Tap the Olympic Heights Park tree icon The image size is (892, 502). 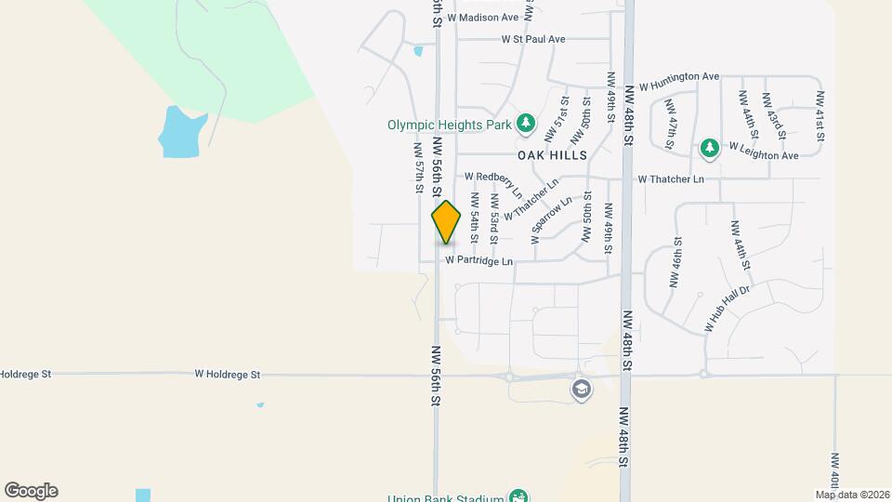pyautogui.click(x=527, y=123)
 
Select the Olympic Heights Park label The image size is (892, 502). pyautogui.click(x=450, y=123)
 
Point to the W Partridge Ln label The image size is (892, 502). pyautogui.click(x=479, y=261)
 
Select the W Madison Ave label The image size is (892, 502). pyautogui.click(x=482, y=18)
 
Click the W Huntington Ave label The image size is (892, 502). pyautogui.click(x=679, y=79)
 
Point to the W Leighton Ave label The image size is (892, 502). pyautogui.click(x=764, y=151)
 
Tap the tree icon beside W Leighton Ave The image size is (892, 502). pyautogui.click(x=710, y=147)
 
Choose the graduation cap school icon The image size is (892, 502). pyautogui.click(x=582, y=389)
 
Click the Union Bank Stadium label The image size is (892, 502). pyautogui.click(x=446, y=496)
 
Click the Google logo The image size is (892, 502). pyautogui.click(x=31, y=491)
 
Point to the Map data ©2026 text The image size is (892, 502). pyautogui.click(x=852, y=495)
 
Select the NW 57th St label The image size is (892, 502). pyautogui.click(x=419, y=167)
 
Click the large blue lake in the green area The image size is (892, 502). pyautogui.click(x=178, y=131)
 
